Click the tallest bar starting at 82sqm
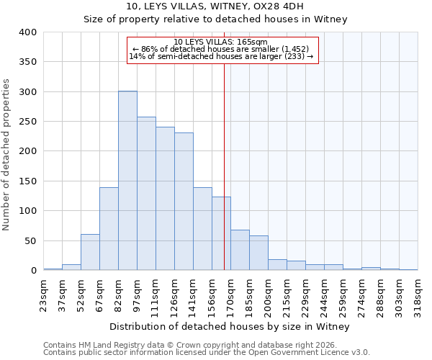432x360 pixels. pyautogui.click(x=127, y=181)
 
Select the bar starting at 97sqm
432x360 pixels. pyautogui.click(x=146, y=194)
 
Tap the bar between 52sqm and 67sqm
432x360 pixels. pyautogui.click(x=90, y=252)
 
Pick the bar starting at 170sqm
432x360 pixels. pyautogui.click(x=240, y=250)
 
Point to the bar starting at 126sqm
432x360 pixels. pyautogui.click(x=184, y=202)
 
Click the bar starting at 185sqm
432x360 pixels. pyautogui.click(x=258, y=253)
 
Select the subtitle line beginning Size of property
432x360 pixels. pyautogui.click(x=215, y=19)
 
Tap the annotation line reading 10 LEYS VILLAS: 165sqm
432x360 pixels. pyautogui.click(x=221, y=42)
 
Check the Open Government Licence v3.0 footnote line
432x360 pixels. pyautogui.click(x=207, y=352)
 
